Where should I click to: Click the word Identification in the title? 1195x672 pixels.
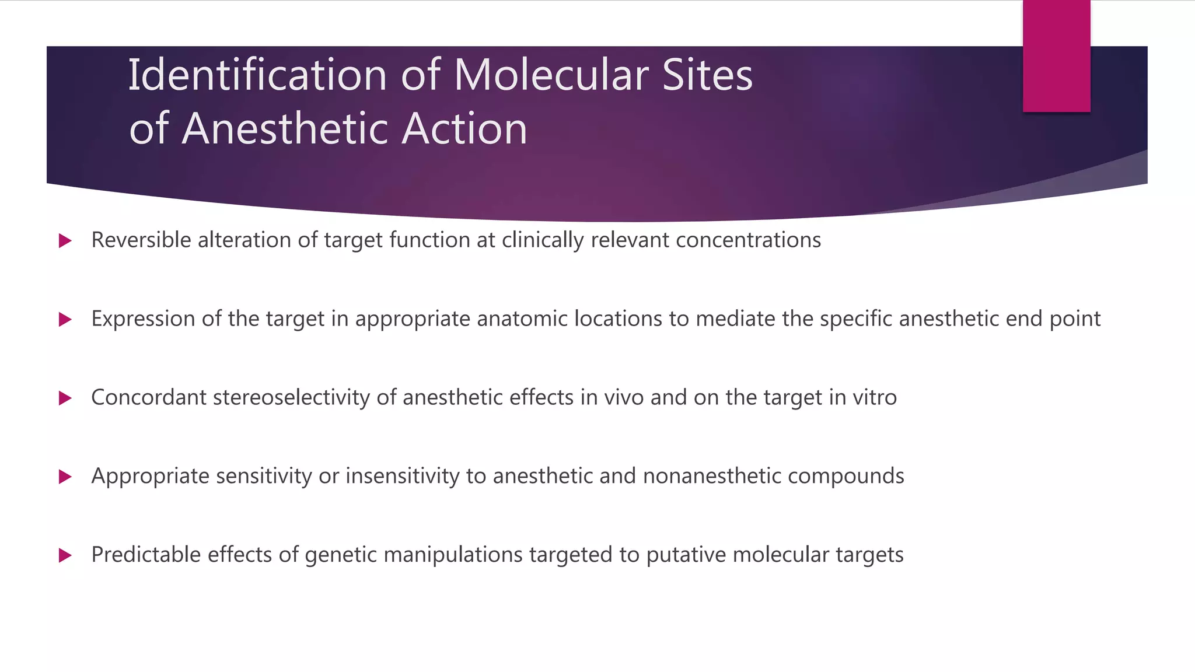(257, 75)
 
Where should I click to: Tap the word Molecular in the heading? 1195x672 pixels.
(551, 75)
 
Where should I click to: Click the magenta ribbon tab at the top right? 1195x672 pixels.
(1056, 56)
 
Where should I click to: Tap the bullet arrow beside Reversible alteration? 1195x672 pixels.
(65, 241)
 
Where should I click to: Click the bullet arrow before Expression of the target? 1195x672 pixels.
(65, 320)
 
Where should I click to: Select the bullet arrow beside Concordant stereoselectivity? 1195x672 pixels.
(65, 398)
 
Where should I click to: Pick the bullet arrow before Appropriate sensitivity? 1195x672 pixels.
(65, 477)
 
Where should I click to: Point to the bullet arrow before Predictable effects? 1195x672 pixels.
(65, 555)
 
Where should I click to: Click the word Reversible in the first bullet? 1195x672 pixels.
(141, 240)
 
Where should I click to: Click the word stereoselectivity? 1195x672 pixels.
(291, 398)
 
